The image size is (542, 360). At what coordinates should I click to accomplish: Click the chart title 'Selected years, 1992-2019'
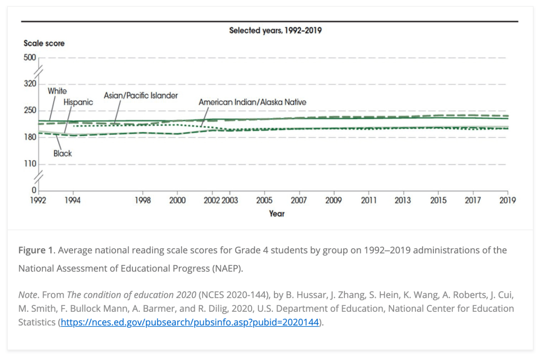[x=275, y=30]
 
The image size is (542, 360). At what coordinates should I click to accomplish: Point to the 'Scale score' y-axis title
[x=44, y=43]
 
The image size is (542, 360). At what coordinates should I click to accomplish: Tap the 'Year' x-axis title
[x=277, y=213]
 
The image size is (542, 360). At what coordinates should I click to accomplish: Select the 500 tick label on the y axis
[x=30, y=57]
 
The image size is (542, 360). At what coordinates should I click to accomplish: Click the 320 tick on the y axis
[x=30, y=84]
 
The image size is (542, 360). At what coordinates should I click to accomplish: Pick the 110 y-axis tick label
[x=30, y=163]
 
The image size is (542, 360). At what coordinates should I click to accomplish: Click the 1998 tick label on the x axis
[x=143, y=200]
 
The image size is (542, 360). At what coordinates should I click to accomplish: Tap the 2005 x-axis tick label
[x=264, y=200]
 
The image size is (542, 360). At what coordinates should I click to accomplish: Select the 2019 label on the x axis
[x=508, y=200]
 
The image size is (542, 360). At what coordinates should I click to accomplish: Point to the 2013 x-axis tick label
[x=403, y=200]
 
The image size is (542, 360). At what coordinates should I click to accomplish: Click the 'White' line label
[x=57, y=91]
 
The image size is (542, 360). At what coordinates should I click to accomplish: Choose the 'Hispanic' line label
[x=78, y=102]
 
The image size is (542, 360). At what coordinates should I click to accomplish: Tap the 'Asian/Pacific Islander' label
[x=141, y=95]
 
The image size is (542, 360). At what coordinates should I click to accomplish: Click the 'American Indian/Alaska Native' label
[x=252, y=102]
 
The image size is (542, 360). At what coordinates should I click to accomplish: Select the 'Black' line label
[x=63, y=153]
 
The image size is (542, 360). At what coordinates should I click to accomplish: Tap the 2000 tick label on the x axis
[x=177, y=200]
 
